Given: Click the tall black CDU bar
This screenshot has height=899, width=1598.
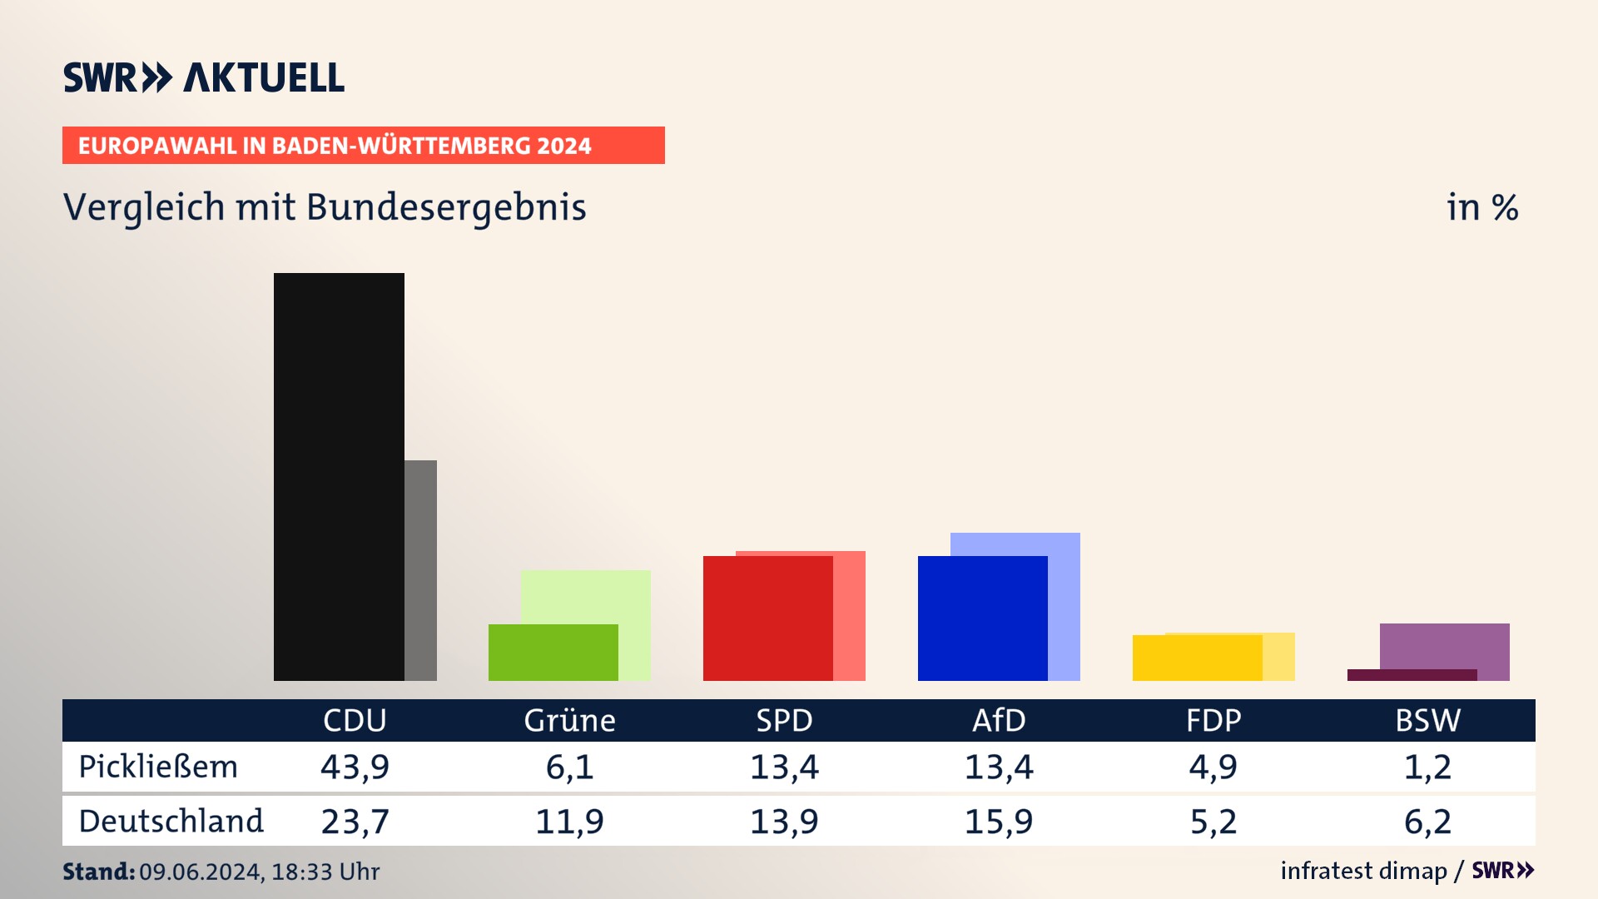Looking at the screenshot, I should coord(339,476).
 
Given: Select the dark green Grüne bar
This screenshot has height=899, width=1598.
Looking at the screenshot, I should coord(553,653).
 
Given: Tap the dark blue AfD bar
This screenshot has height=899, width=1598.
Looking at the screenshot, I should coord(982,618).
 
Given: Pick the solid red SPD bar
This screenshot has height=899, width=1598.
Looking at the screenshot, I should coord(767,618).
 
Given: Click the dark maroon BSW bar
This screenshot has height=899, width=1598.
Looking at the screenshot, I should coord(1412,675).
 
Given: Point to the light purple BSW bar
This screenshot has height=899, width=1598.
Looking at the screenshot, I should coord(1444,646).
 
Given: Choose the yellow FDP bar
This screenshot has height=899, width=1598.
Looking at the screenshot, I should coord(1197,658).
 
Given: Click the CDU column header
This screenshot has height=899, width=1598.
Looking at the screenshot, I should coord(355,720).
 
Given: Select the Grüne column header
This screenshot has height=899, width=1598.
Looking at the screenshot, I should coord(569,720).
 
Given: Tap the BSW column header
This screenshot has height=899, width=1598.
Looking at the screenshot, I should coord(1427,720).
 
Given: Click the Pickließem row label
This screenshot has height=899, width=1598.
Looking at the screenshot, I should coord(158,767).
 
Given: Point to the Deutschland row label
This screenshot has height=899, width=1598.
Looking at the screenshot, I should coord(171,822).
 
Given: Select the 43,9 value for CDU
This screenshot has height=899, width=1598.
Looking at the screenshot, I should coord(355,767).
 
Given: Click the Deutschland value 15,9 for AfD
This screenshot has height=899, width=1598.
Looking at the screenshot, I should coord(999,822).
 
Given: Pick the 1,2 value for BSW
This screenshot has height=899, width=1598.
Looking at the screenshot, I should coord(1427,767).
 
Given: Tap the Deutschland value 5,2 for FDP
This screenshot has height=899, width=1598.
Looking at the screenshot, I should coord(1213,822).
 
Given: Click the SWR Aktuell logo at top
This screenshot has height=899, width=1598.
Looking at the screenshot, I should coord(204,77).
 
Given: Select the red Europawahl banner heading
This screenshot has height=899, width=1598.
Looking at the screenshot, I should coord(363,146).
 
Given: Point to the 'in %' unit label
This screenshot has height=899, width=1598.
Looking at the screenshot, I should coord(1482,208).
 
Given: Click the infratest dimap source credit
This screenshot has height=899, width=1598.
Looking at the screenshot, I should coord(1363,871).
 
